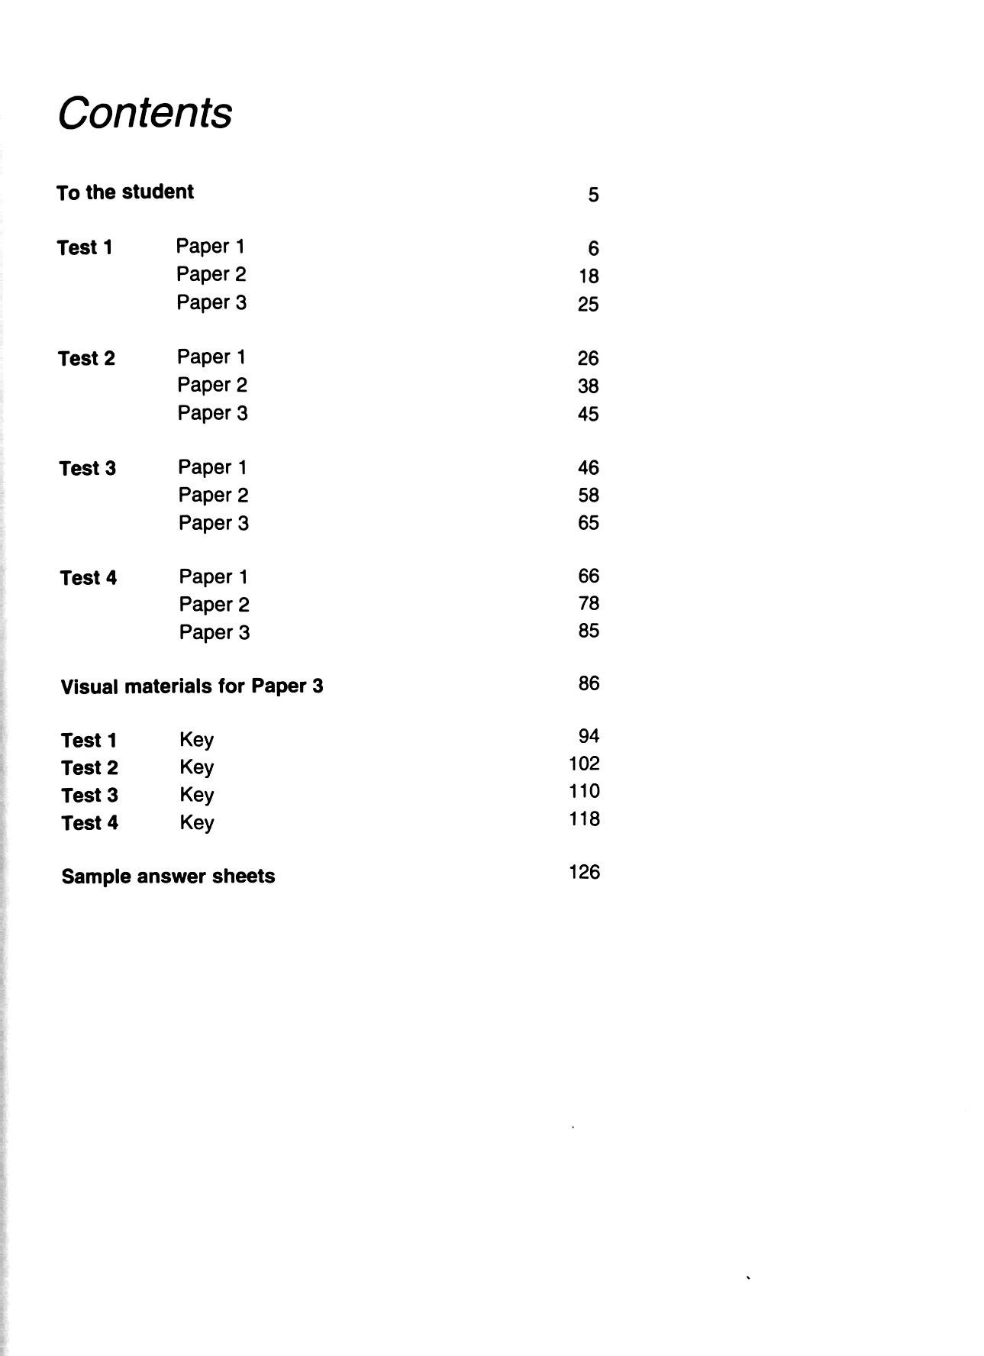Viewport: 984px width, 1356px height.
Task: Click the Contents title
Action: tap(145, 113)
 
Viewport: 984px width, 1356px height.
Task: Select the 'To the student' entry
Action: tap(125, 192)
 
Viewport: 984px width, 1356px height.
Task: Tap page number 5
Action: tap(593, 195)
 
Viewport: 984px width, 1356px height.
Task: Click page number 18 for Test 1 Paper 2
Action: tap(588, 276)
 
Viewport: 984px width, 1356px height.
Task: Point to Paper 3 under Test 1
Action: tap(211, 302)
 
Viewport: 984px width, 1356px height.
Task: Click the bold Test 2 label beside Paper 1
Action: tap(86, 358)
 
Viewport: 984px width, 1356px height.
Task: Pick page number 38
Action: tap(588, 386)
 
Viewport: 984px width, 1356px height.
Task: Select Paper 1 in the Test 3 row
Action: tap(212, 467)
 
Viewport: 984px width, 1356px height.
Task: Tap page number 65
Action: tap(588, 523)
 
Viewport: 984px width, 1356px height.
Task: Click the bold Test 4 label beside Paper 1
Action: tap(89, 578)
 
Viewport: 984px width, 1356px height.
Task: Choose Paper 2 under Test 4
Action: tap(214, 605)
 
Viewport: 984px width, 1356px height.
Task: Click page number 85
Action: tap(589, 631)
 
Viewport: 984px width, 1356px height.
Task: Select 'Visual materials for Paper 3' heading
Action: tap(192, 686)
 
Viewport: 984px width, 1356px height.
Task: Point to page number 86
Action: tap(589, 683)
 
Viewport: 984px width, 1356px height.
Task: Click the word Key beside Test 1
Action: tap(197, 740)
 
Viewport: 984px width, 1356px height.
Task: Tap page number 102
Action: tap(584, 764)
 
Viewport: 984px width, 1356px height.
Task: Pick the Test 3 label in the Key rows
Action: tap(89, 796)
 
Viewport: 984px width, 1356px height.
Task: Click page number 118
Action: tap(584, 818)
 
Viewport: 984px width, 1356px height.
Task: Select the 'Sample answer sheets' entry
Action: tap(168, 877)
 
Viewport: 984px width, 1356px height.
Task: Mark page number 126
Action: tap(584, 872)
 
